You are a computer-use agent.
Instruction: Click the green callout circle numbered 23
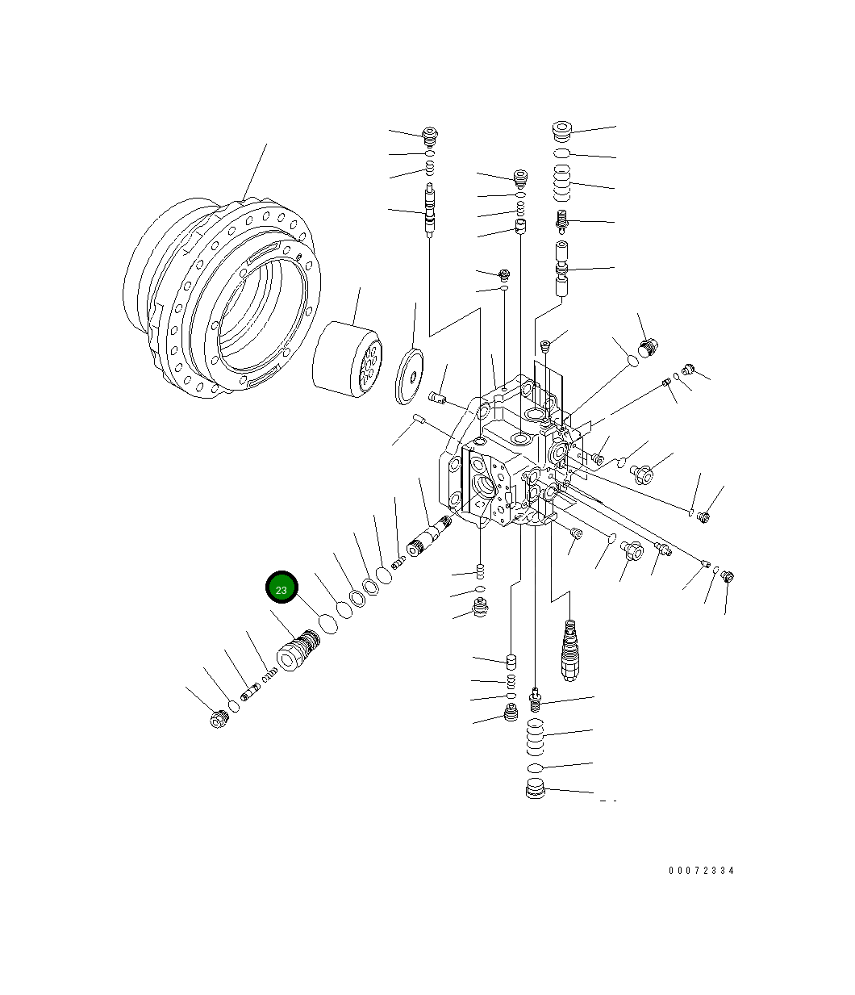point(282,588)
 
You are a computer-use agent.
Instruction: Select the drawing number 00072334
point(701,871)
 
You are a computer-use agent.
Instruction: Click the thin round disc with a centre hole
point(414,374)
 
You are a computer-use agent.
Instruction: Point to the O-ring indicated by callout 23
point(328,623)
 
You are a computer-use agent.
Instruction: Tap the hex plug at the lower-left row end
point(217,718)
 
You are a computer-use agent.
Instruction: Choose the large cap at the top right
point(562,131)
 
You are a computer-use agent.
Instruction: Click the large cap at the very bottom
point(535,790)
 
